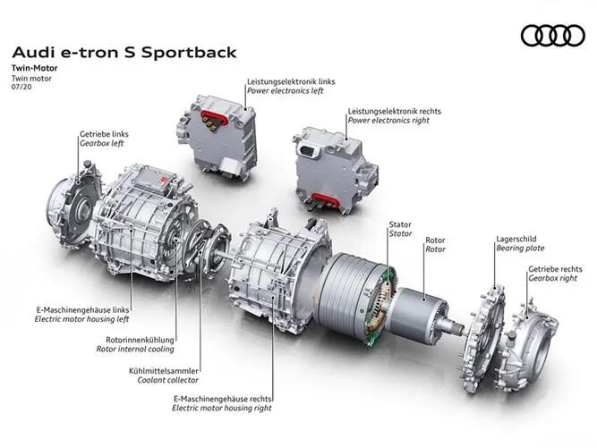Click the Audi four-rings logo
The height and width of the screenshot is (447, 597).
(x=552, y=36)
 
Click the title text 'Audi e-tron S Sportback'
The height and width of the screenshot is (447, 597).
(x=124, y=53)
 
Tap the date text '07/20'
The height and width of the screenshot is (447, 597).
(x=21, y=87)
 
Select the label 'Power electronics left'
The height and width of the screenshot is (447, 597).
(x=286, y=91)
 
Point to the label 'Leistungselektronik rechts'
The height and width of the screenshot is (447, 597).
(x=395, y=112)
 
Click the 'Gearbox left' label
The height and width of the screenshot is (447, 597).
(x=102, y=143)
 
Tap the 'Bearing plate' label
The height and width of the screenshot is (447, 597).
(x=520, y=249)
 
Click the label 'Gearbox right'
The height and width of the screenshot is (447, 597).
(x=552, y=278)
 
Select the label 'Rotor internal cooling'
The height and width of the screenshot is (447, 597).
(x=135, y=349)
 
